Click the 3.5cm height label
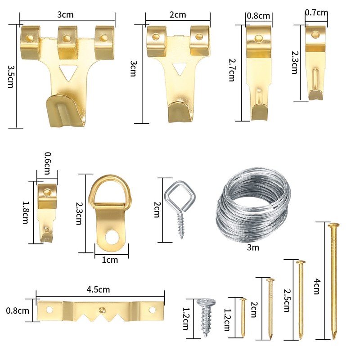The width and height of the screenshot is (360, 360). point(10,76)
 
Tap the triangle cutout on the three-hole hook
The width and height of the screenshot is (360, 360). point(68,72)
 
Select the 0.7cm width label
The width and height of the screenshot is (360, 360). point(316,13)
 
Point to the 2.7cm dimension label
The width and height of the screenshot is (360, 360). point(232,70)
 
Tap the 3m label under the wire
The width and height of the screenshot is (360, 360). point(253,247)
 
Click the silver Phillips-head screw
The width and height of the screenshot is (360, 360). point(206,317)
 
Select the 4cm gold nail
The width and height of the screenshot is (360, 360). point(334,281)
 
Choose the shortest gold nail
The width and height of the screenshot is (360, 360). point(243,318)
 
